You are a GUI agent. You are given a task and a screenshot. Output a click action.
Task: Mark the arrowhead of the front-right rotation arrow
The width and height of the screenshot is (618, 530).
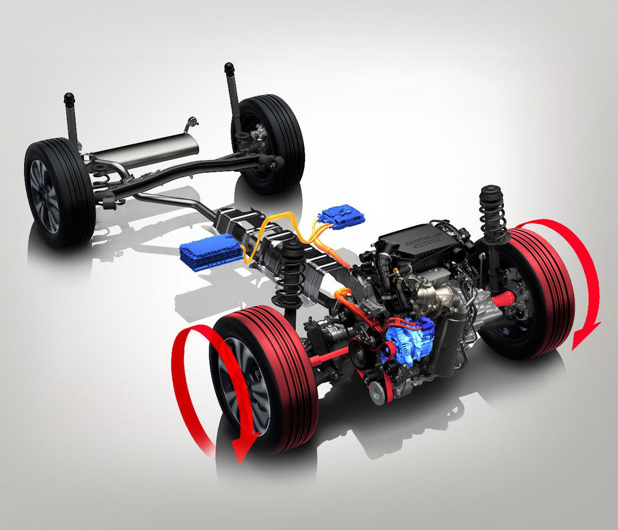[585, 335]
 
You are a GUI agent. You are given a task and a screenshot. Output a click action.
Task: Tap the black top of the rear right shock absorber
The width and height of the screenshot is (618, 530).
[230, 70]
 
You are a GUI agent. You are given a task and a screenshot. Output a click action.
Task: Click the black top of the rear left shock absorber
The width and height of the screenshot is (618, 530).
[69, 99]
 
